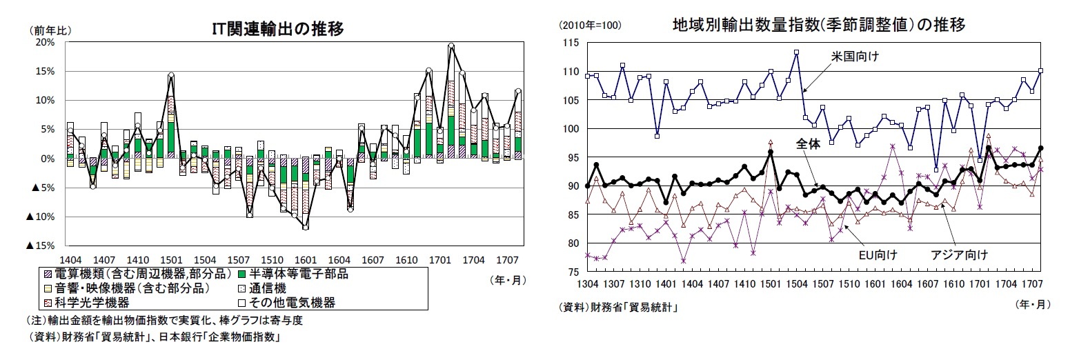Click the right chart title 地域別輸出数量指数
(x=818, y=26)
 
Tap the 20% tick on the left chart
(x=45, y=42)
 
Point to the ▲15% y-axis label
(x=41, y=246)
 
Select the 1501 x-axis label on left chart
(x=171, y=259)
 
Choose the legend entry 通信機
(x=270, y=288)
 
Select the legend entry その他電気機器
(x=293, y=302)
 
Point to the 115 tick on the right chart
(x=571, y=43)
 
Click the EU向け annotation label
(x=877, y=255)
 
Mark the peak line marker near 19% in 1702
(x=451, y=46)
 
